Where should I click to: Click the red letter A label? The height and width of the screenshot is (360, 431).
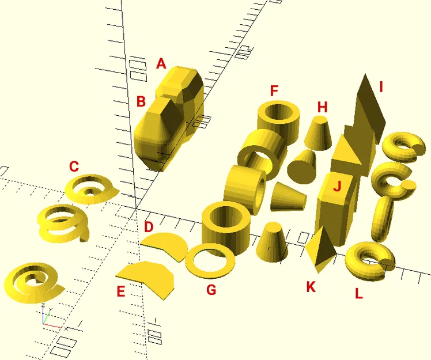click(x=161, y=64)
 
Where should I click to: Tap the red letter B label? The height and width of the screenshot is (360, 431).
click(x=141, y=101)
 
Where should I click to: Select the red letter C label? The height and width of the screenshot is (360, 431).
click(x=74, y=167)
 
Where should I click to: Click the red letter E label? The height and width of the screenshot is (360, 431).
click(x=120, y=291)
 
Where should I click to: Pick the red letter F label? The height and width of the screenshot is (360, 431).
click(x=274, y=91)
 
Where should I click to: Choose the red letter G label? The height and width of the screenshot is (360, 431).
click(x=211, y=290)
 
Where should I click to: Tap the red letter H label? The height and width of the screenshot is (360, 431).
click(x=322, y=107)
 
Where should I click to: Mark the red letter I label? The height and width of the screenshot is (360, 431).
click(x=381, y=88)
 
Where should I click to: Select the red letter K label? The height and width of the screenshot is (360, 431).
click(x=311, y=287)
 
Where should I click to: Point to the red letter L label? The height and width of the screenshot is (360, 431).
click(x=358, y=294)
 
